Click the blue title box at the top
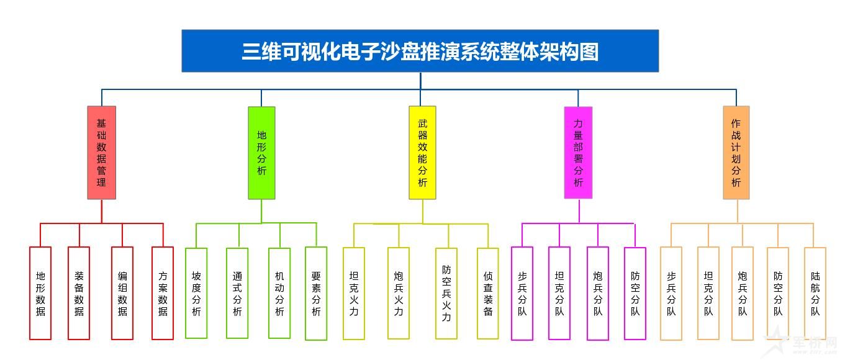pyautogui.click(x=420, y=51)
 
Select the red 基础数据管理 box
pyautogui.click(x=102, y=153)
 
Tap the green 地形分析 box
pyautogui.click(x=261, y=153)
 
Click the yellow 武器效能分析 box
pyautogui.click(x=422, y=153)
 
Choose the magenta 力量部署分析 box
pyautogui.click(x=578, y=153)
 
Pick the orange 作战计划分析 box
pyautogui.click(x=736, y=153)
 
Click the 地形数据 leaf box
pyautogui.click(x=40, y=294)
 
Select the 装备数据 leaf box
pyautogui.click(x=79, y=294)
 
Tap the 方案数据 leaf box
pyautogui.click(x=163, y=294)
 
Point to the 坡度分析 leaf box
pyautogui.click(x=196, y=294)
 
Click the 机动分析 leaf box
pyautogui.click(x=279, y=294)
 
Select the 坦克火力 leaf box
pyautogui.click(x=354, y=294)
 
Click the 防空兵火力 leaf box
pyautogui.click(x=446, y=294)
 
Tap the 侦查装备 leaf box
pyautogui.click(x=488, y=294)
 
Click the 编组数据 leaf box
pyautogui.click(x=122, y=294)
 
